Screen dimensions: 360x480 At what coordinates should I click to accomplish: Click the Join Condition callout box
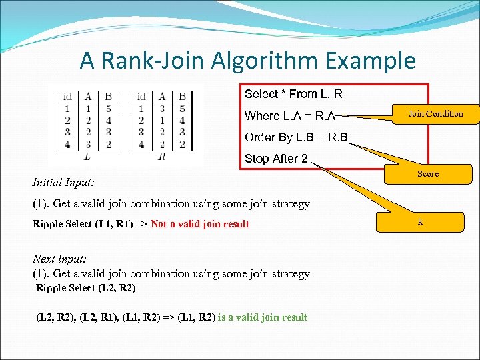click(x=435, y=114)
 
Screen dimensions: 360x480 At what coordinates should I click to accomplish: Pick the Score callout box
click(x=428, y=174)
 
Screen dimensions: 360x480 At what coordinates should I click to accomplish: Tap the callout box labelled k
click(x=420, y=221)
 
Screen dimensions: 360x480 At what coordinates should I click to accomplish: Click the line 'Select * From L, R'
click(x=293, y=94)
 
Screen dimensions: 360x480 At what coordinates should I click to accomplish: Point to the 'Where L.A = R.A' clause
click(x=290, y=116)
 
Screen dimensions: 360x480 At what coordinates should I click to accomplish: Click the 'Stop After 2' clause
click(x=276, y=159)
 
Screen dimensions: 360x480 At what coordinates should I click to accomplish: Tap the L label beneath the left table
click(x=87, y=157)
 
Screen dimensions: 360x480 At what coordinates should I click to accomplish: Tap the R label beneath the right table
click(x=161, y=157)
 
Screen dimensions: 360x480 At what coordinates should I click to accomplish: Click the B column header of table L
click(x=109, y=97)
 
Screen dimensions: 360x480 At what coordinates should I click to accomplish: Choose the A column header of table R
click(x=162, y=97)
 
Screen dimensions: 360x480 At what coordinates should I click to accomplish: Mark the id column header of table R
click(x=141, y=97)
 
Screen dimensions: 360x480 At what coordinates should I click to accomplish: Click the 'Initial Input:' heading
click(x=63, y=181)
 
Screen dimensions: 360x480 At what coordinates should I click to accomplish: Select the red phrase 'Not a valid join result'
click(x=200, y=224)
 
